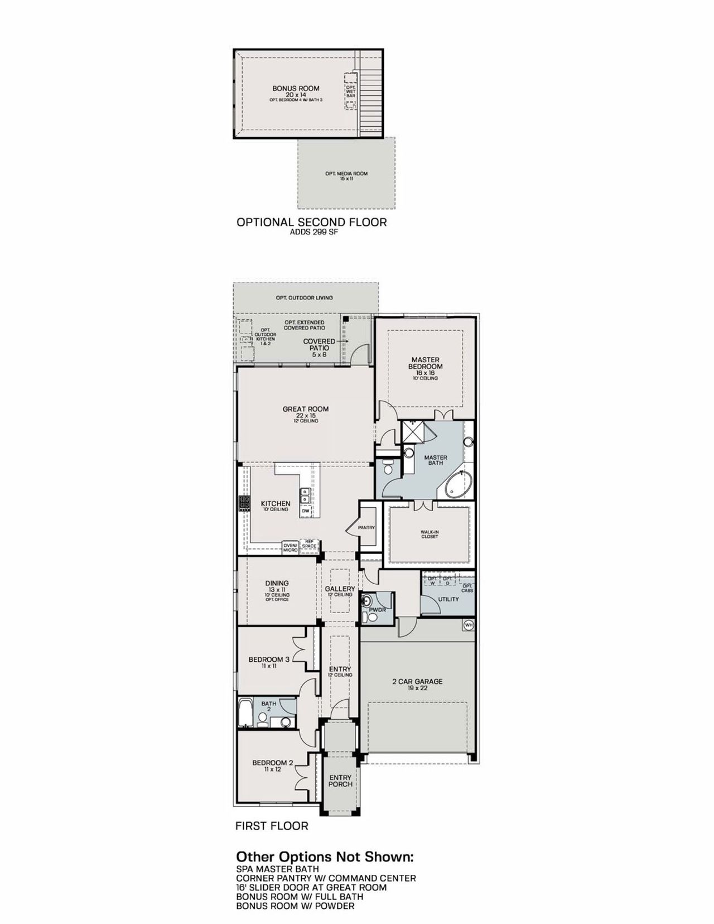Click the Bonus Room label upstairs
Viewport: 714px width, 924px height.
[x=296, y=89]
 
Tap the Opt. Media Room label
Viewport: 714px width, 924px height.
[x=346, y=174]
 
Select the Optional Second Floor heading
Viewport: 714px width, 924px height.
[x=311, y=222]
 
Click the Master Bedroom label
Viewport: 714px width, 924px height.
[x=425, y=363]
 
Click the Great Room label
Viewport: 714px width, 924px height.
[x=306, y=409]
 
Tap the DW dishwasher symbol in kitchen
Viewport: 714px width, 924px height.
[x=305, y=511]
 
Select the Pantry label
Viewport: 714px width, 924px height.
[x=366, y=527]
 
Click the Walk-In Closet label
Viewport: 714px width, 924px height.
[x=430, y=534]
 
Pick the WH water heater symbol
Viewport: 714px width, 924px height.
[x=469, y=625]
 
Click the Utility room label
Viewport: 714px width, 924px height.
[x=448, y=599]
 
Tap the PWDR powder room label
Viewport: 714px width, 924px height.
[x=378, y=610]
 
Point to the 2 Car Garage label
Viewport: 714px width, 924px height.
[x=417, y=681]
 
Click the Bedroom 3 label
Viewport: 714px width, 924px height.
[x=269, y=660]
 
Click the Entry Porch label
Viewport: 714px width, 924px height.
[x=340, y=781]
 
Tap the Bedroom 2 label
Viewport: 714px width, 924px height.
[x=272, y=763]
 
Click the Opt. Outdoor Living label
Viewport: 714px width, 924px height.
[x=304, y=298]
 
